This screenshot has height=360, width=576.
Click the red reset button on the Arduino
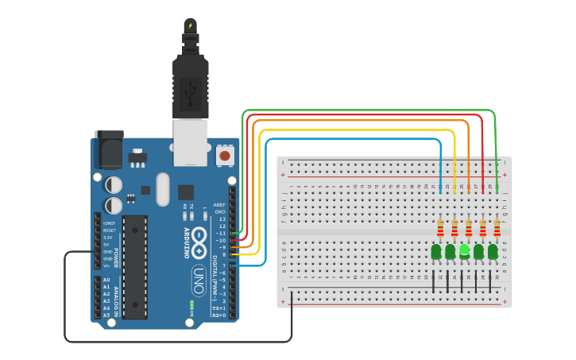[225, 155]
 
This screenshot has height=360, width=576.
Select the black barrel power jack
[110, 149]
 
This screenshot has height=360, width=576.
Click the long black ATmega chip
[135, 266]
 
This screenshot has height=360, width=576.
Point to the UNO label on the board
[199, 280]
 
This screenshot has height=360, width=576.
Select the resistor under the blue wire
[441, 230]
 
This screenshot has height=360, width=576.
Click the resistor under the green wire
[497, 230]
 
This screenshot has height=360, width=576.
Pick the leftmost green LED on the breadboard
[436, 252]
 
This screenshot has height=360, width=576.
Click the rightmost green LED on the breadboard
[493, 252]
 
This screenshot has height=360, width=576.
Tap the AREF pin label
[219, 204]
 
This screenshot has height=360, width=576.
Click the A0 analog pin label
[106, 280]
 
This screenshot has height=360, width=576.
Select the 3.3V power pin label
[107, 237]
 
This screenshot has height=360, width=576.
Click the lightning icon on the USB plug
[190, 25]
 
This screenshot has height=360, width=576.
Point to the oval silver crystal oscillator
[163, 189]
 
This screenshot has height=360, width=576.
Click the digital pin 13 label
[222, 219]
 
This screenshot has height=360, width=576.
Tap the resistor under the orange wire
[470, 230]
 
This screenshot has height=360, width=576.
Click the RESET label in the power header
[108, 230]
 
